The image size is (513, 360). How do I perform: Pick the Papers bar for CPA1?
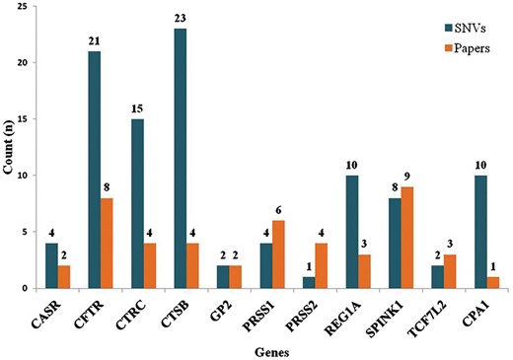(x=463, y=283)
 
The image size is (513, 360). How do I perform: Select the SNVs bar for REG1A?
(x=341, y=232)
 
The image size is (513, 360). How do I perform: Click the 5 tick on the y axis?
(x=34, y=232)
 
